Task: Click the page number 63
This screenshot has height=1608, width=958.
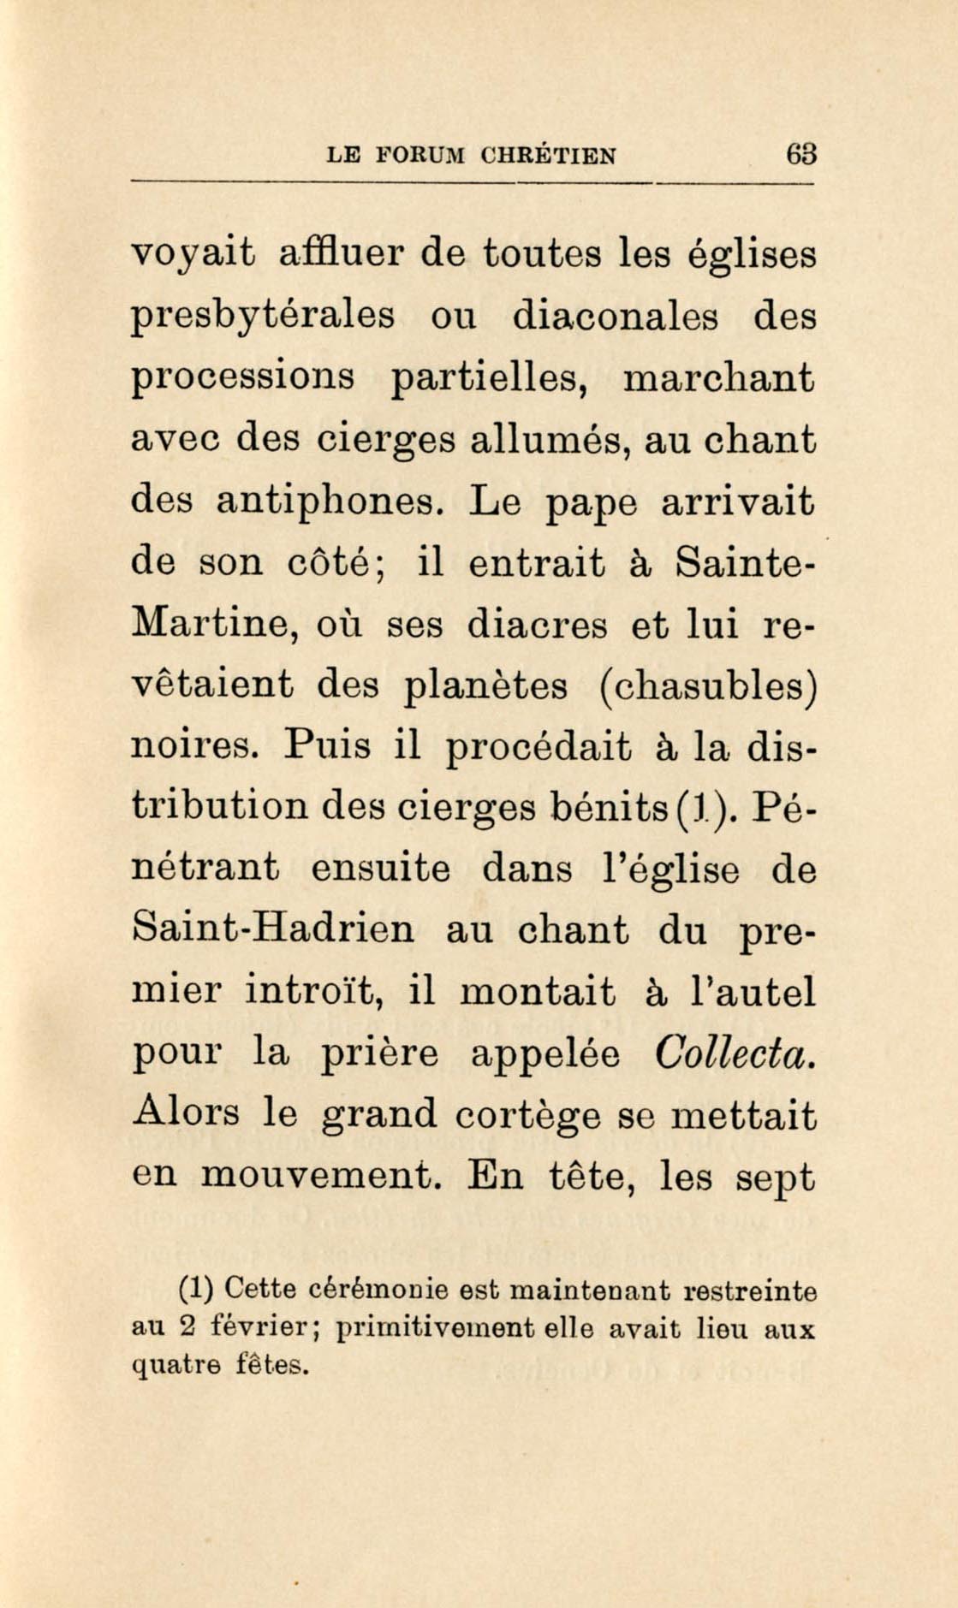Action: click(x=802, y=155)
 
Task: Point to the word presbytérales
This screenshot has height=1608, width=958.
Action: click(x=263, y=317)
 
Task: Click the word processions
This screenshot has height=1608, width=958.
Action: click(x=243, y=379)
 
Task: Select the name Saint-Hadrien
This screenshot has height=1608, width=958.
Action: click(x=273, y=930)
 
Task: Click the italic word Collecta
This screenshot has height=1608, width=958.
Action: click(x=733, y=1053)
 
